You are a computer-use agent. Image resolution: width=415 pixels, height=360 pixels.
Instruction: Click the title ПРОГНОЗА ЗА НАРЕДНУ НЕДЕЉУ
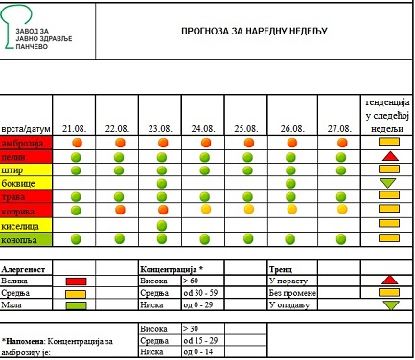click(254, 30)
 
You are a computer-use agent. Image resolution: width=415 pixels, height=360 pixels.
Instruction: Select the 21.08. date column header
click(74, 127)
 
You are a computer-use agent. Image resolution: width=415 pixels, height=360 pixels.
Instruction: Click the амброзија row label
click(23, 142)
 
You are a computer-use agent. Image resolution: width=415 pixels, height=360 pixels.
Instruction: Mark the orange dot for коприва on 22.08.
click(120, 209)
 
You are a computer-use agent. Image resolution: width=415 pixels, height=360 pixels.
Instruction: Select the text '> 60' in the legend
click(193, 281)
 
